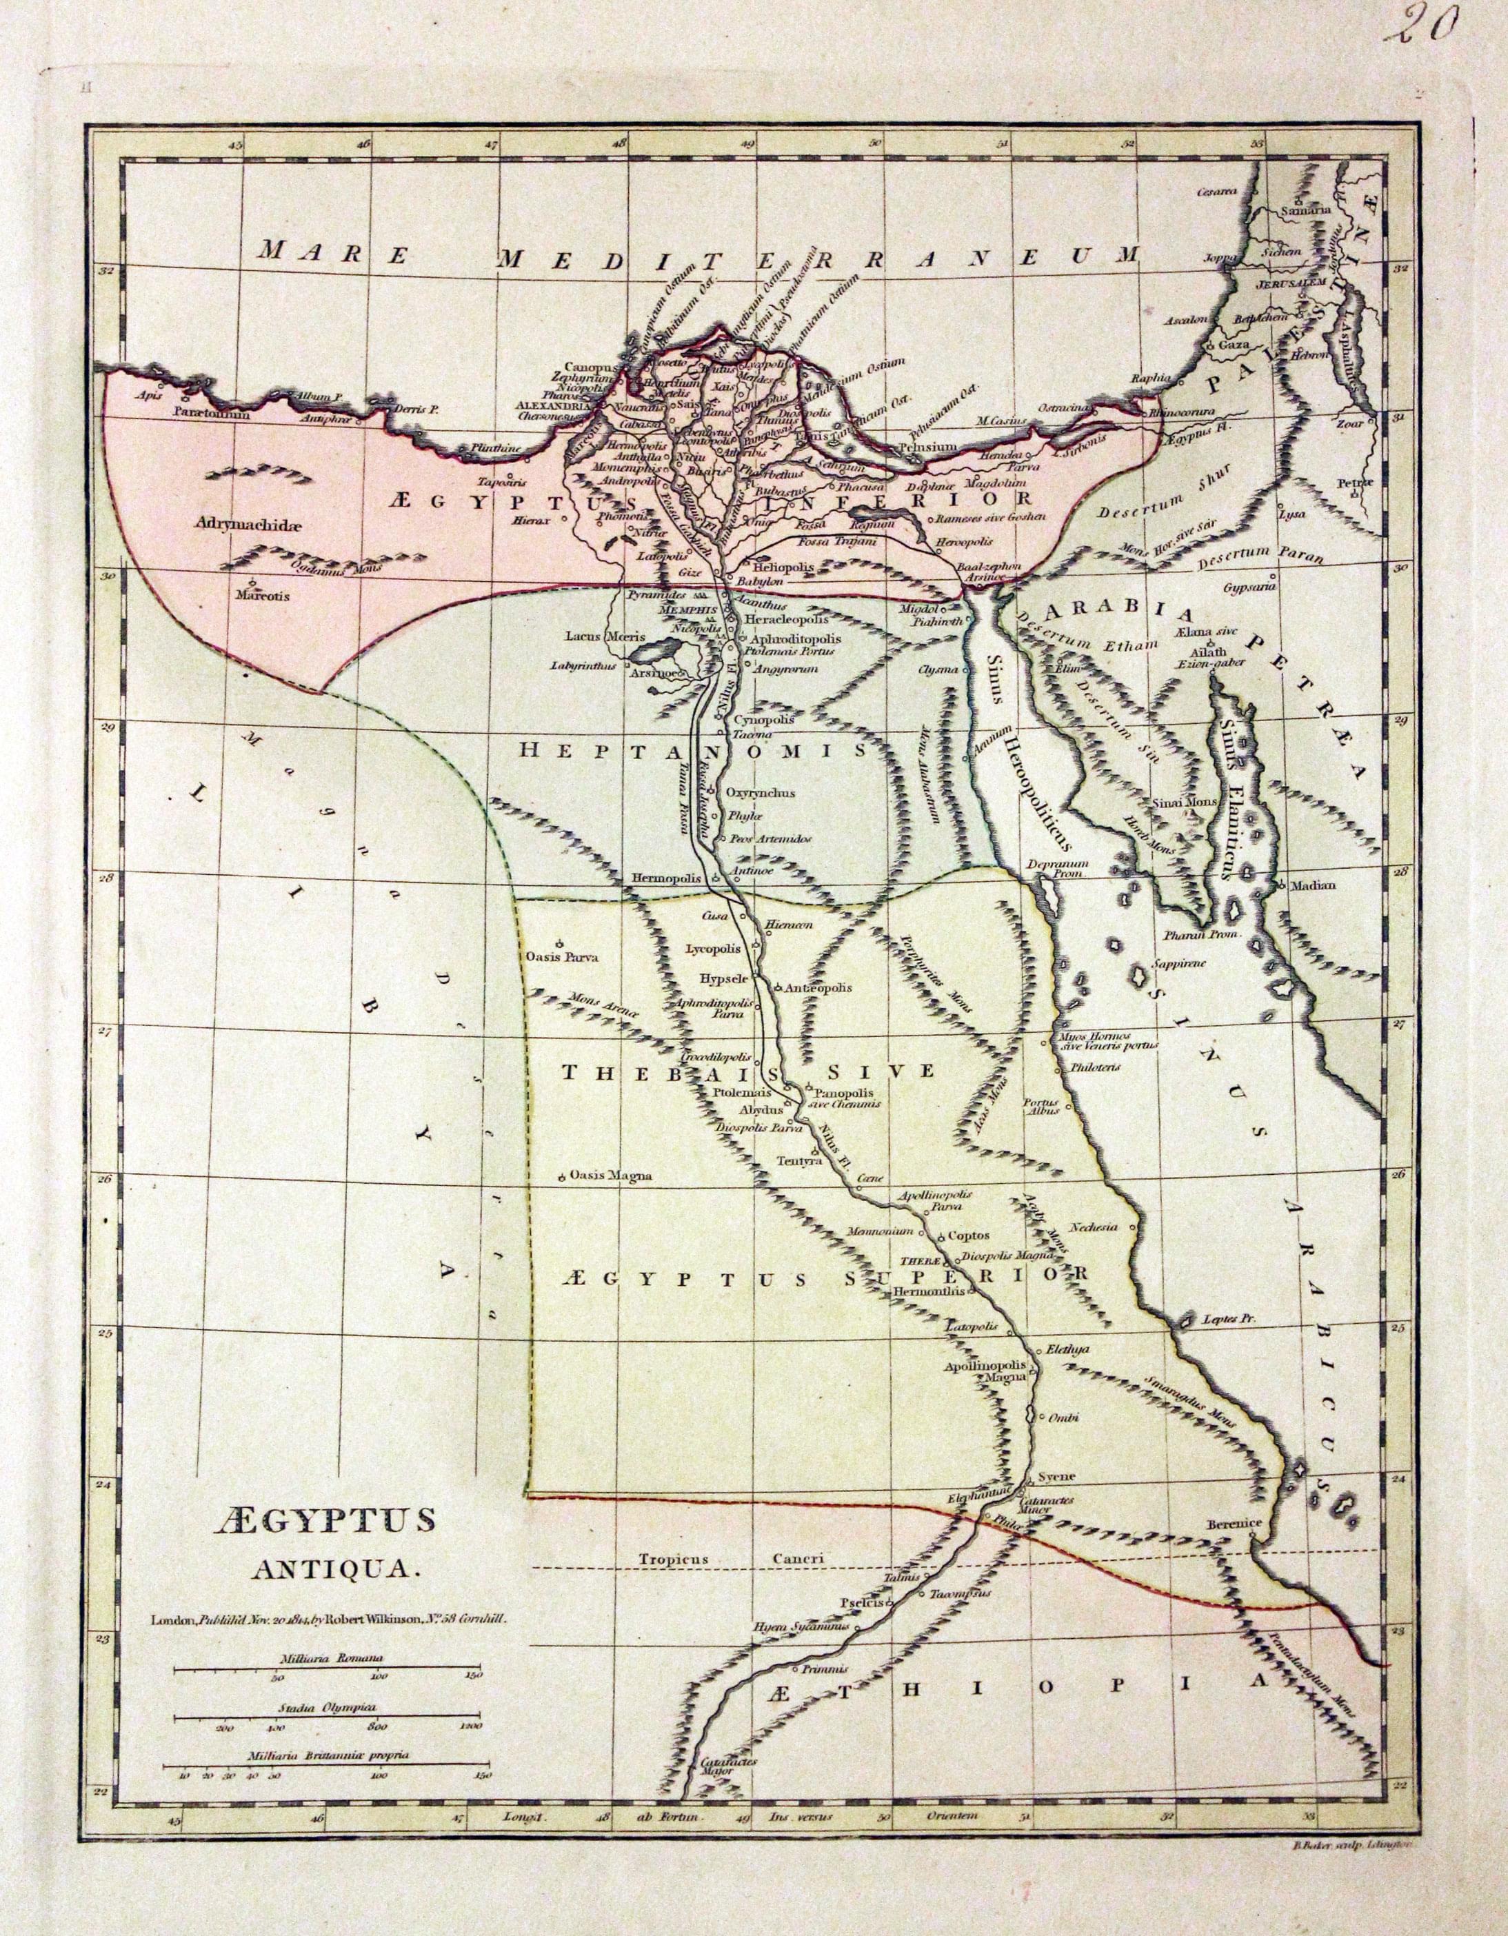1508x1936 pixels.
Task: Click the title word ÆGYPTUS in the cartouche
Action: point(323,1521)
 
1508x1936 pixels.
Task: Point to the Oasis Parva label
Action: point(562,956)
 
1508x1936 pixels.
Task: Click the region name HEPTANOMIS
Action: point(692,751)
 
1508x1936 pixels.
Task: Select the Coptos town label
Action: point(967,1235)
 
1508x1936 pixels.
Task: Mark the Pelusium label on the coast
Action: point(927,447)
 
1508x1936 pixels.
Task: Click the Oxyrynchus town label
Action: point(760,792)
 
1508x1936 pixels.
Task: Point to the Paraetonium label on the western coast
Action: point(211,413)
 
